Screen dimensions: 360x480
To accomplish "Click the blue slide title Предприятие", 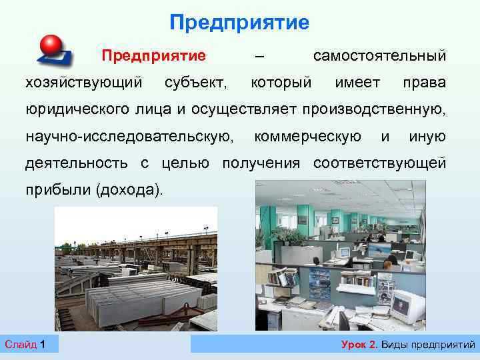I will coord(239,23).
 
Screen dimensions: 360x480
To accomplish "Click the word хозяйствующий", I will coord(83,83).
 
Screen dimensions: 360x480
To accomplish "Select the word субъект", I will coord(195,83).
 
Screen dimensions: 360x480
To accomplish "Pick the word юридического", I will coord(82,110).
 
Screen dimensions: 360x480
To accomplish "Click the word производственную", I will coord(374,110).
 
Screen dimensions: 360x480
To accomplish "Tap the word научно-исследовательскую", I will coord(129,137).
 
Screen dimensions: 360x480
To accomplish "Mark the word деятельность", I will coord(77,164).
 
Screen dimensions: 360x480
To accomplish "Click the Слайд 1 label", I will coord(25,344).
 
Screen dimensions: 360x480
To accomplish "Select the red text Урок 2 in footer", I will coord(359,344).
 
